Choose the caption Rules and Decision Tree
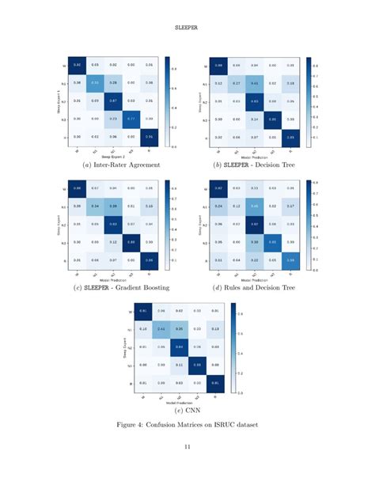pyautogui.click(x=261, y=287)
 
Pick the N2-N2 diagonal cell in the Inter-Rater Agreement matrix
pyautogui.click(x=114, y=100)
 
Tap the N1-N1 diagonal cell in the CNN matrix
pyautogui.click(x=161, y=328)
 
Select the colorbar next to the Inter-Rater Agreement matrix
pyautogui.click(x=169, y=100)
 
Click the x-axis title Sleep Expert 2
pyautogui.click(x=114, y=157)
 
